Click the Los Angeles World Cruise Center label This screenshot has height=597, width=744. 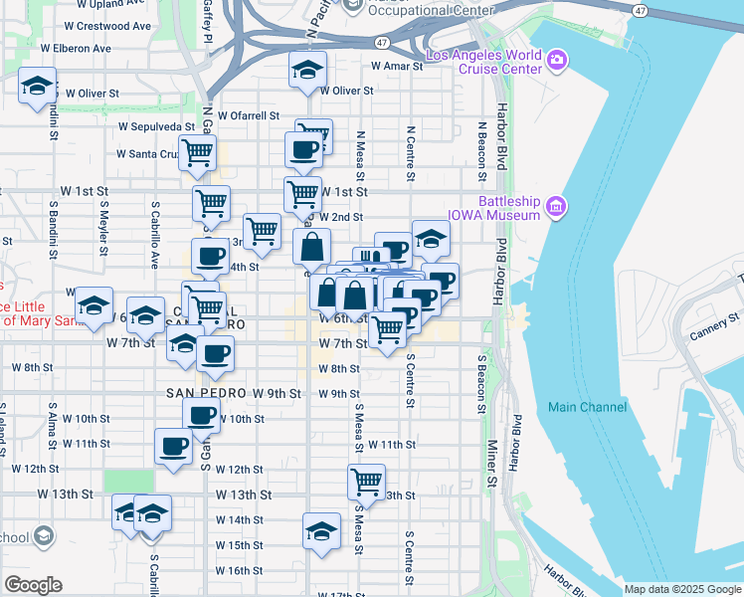coord(483,62)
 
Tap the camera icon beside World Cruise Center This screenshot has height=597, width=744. coord(556,62)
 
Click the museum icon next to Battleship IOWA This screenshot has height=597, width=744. coord(556,208)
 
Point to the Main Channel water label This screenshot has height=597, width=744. coord(587,407)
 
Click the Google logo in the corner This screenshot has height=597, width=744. coord(34,585)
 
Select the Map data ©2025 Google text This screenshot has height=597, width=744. coord(682,589)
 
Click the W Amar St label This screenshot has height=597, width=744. coord(397,66)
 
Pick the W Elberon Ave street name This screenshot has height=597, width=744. coord(73,48)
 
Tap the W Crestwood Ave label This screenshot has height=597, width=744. coord(113,26)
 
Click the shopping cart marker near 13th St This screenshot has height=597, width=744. coord(367,482)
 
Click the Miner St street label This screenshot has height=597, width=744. coord(491,464)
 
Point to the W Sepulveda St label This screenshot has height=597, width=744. coord(156,127)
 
